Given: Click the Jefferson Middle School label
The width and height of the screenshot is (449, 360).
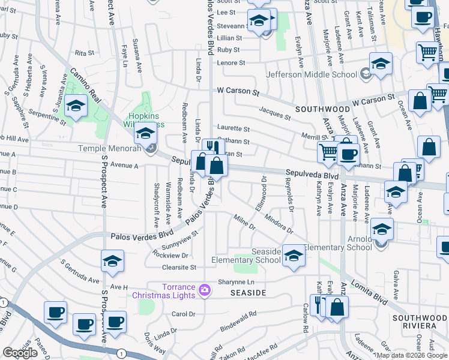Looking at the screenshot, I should point(312,75).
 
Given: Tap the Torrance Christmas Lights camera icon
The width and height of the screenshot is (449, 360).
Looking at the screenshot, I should point(205,290).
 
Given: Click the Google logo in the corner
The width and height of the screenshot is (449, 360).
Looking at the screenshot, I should point(20,353).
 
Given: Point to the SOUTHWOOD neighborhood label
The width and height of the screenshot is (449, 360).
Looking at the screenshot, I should point(322,110).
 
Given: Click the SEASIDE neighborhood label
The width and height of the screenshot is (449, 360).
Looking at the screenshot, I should point(248,292).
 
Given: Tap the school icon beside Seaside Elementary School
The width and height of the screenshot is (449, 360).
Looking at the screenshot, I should point(294,256).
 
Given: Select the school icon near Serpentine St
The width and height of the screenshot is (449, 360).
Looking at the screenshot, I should point(76,107).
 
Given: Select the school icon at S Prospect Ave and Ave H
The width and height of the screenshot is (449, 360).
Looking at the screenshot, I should point(111,262).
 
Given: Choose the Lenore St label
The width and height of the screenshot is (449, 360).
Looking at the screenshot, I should point(231,62).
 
